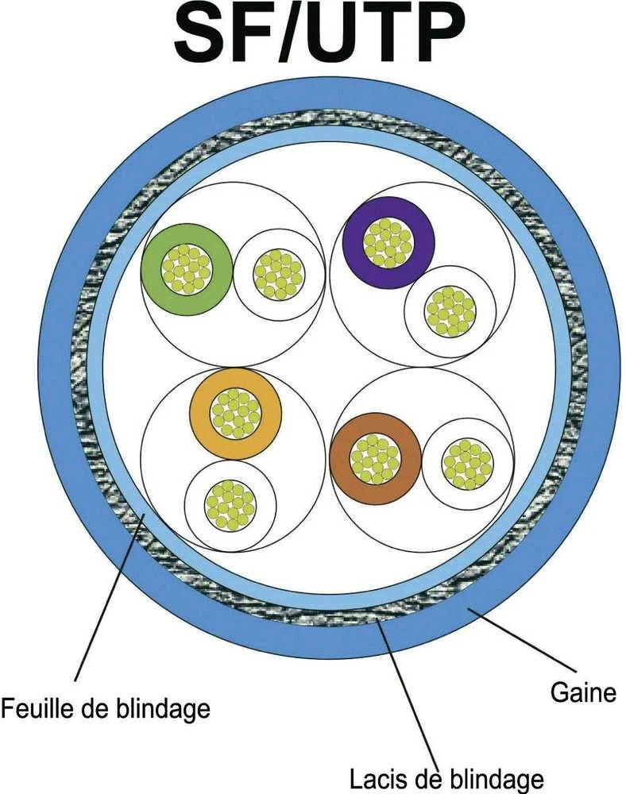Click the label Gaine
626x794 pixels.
(583, 692)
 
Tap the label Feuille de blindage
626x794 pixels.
(106, 707)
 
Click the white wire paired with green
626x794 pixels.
(279, 275)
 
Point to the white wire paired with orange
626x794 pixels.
(230, 505)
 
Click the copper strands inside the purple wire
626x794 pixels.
(389, 242)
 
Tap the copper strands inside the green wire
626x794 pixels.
(187, 269)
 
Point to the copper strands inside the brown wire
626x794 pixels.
(375, 459)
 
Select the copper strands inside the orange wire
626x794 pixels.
(235, 414)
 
